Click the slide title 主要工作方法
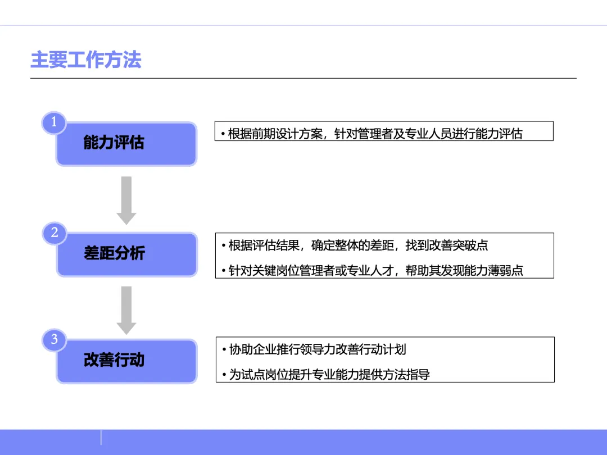85,60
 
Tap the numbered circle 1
54,122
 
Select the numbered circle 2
54,233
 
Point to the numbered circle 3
54,339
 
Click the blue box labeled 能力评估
126,144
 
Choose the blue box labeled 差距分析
126,254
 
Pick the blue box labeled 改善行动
126,361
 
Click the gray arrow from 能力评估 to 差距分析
126,199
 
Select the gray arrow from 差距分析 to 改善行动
126,309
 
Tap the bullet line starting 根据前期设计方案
372,134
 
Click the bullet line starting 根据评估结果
355,245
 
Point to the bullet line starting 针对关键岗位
372,270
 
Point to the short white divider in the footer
101,438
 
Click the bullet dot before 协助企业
224,349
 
